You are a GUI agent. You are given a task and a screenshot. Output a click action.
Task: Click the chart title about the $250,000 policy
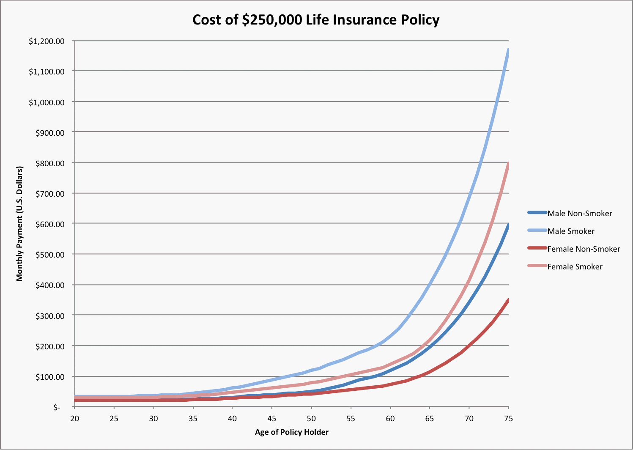316,20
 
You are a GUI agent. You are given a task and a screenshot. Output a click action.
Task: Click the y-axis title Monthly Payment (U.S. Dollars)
19,223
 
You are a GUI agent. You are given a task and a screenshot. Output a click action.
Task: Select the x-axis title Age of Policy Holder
292,432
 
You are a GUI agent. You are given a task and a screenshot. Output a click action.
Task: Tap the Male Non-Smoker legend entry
579,213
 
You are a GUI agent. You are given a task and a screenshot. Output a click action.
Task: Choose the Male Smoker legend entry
570,231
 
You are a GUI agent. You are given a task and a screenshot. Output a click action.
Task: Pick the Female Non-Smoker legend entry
583,249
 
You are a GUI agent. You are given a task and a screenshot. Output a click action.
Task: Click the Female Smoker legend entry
575,266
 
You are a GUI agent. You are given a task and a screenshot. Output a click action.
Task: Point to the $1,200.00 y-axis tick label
47,41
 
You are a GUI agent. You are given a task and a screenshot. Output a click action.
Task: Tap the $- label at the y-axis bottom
56,407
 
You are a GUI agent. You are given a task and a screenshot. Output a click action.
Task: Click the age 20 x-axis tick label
74,418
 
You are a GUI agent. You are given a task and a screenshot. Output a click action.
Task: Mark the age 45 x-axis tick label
272,418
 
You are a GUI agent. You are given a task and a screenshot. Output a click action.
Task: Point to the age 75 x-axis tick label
509,418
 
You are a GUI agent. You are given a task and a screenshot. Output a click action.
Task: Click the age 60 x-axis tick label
390,418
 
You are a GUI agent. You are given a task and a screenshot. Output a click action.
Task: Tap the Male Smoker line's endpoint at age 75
508,50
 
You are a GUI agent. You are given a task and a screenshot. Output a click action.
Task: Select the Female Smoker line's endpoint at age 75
508,164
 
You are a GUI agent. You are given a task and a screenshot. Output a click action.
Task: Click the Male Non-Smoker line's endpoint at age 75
508,225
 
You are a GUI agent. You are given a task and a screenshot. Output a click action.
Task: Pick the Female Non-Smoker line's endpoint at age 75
508,300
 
